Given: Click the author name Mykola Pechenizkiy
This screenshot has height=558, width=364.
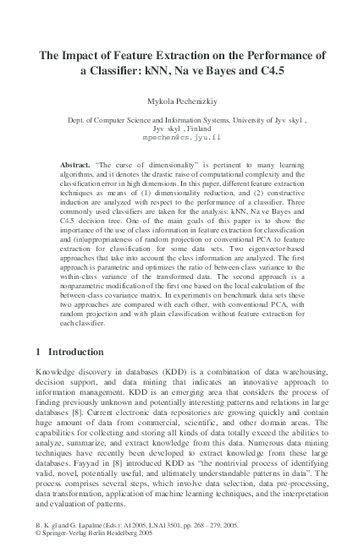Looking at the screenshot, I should click(182, 101).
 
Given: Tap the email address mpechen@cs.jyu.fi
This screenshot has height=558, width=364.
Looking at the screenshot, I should click(182, 137).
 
